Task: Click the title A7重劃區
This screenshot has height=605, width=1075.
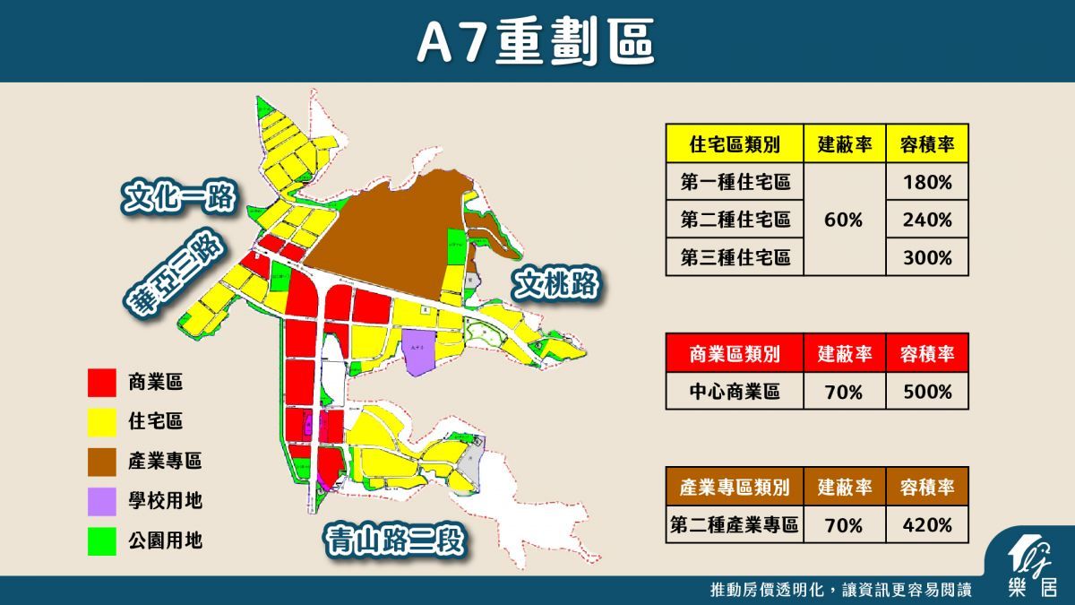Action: [536, 41]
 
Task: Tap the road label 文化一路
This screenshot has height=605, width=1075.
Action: [179, 197]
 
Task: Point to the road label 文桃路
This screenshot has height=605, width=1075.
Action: [556, 285]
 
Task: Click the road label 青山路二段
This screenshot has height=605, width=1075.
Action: [398, 540]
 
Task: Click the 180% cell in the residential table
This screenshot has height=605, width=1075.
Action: [927, 182]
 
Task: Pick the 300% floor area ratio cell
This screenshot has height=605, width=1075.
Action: [927, 257]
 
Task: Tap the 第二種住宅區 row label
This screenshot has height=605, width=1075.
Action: [735, 220]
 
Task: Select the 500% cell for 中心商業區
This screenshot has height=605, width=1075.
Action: [927, 392]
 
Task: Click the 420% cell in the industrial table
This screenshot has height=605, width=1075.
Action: [927, 525]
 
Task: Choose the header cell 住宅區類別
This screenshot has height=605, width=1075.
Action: [735, 143]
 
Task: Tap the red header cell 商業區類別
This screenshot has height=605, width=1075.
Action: [735, 354]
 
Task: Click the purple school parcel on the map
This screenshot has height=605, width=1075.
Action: [418, 351]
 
